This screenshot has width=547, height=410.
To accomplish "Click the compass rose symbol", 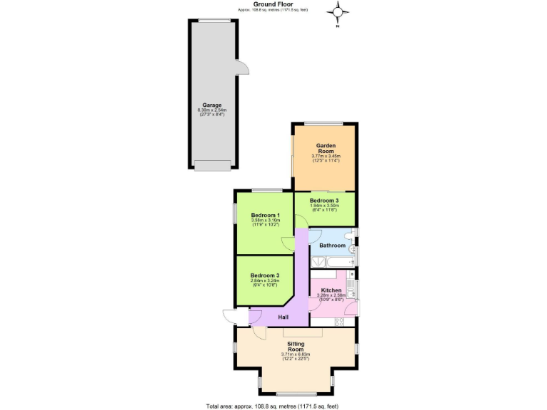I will tap(339, 12).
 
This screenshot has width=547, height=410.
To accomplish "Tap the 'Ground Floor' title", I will tap(273, 4).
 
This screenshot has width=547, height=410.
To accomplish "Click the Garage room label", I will tap(212, 105).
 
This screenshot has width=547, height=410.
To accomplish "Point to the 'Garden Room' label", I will tap(326, 148).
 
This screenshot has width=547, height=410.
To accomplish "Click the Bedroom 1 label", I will tap(265, 216).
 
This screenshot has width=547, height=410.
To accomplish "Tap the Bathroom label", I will tap(332, 246).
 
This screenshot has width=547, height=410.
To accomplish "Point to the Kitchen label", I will tap(332, 290).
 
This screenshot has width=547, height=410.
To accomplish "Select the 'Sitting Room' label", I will tap(295, 345).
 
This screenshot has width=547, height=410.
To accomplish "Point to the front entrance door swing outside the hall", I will tap(230, 317).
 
